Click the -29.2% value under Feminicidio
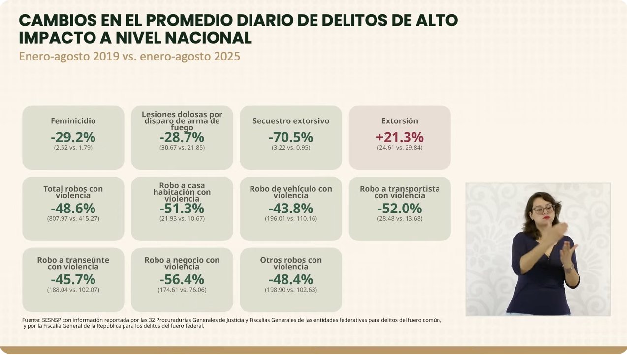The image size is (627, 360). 73,137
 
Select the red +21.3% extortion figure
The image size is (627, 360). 400,137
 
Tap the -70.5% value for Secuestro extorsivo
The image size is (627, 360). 290,137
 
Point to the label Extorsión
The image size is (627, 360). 400,121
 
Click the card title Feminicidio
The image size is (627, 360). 73,121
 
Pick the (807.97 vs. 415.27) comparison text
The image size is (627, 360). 73,218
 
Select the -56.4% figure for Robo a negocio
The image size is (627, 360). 182,279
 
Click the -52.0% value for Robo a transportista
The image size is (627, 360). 400,208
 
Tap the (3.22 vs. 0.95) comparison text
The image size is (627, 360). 290,147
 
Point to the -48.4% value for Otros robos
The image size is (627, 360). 290,279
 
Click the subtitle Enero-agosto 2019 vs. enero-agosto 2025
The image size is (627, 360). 129,56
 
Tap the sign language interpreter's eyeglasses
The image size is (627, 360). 543,209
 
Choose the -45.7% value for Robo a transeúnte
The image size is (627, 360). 73,279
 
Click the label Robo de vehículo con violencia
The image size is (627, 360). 290,192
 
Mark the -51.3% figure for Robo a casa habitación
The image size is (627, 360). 182,208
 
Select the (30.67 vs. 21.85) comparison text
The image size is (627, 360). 182,147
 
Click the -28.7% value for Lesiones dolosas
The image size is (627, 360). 182,137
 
